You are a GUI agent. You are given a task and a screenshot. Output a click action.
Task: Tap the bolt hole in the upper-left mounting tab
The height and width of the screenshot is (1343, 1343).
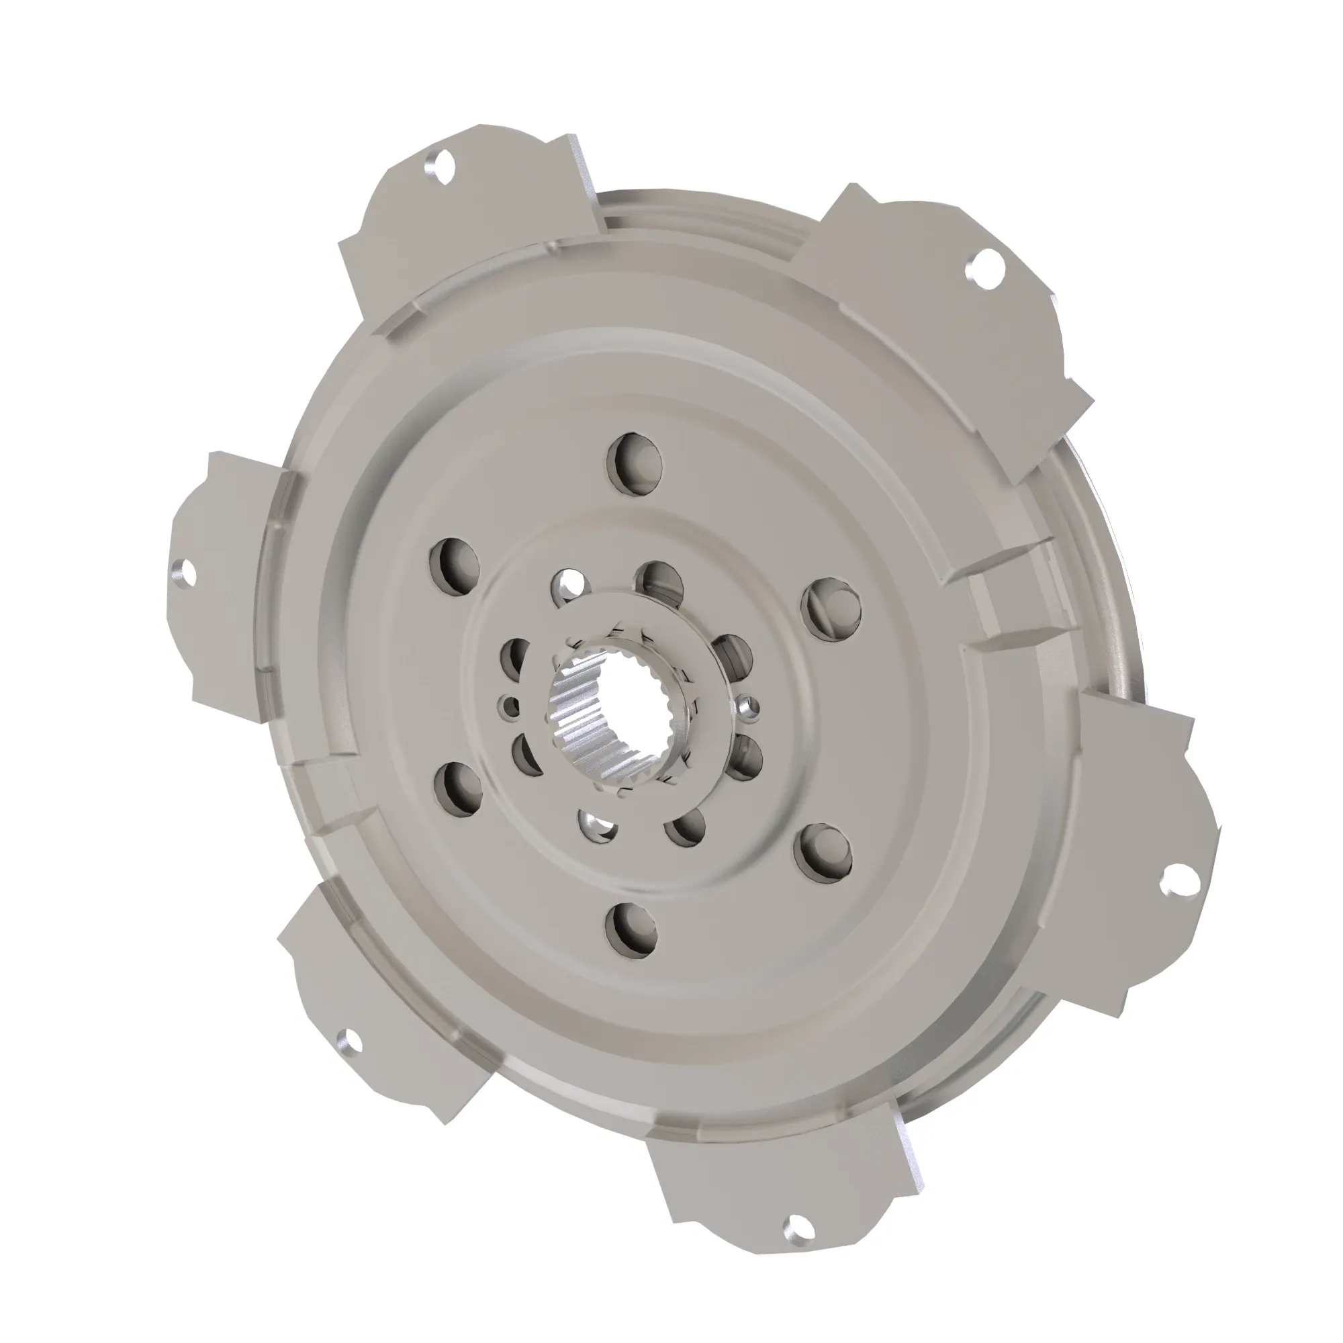click(x=439, y=167)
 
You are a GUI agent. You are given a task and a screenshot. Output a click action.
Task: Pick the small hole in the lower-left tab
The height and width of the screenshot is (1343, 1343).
click(x=347, y=1042)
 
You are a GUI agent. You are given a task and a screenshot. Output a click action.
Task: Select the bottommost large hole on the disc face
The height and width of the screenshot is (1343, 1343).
click(x=631, y=929)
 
